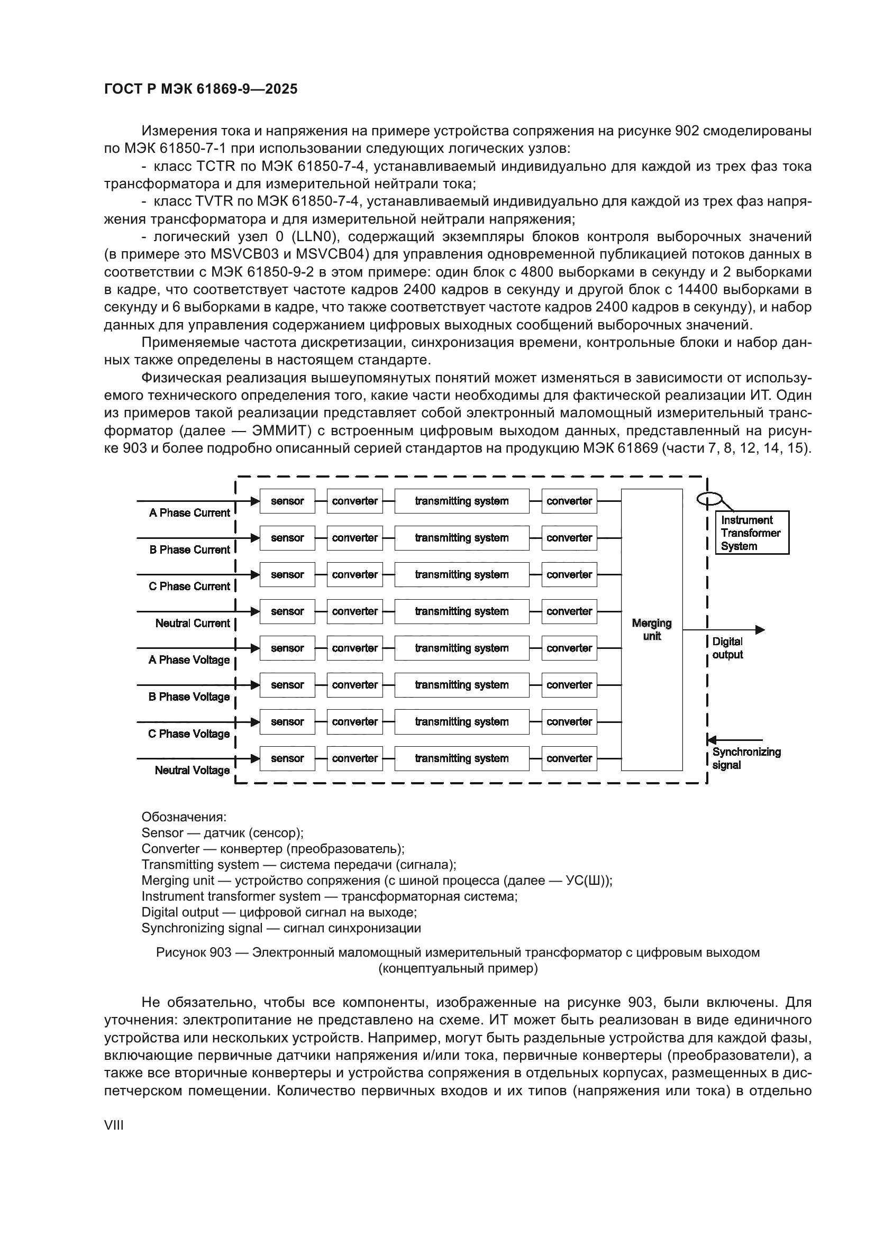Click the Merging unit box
click(x=651, y=629)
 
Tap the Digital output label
click(x=727, y=648)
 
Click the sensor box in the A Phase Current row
click(x=287, y=501)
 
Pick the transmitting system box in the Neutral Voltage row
click(x=462, y=758)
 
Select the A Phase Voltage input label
click(x=189, y=660)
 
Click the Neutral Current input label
click(x=193, y=624)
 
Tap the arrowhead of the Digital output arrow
click(x=760, y=630)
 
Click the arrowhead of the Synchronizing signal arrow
click(x=712, y=740)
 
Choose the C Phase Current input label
click(x=189, y=586)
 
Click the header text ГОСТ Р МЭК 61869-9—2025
click(x=200, y=89)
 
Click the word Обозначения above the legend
click(x=184, y=817)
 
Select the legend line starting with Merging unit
click(x=377, y=881)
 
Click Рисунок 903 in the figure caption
click(x=194, y=952)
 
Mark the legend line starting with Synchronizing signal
click(x=281, y=928)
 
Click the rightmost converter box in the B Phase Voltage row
click(x=569, y=685)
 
